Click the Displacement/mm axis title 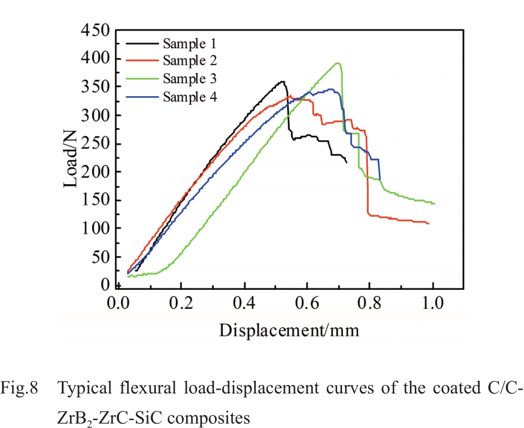click(289, 330)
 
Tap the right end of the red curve click(428, 223)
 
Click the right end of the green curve click(434, 203)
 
